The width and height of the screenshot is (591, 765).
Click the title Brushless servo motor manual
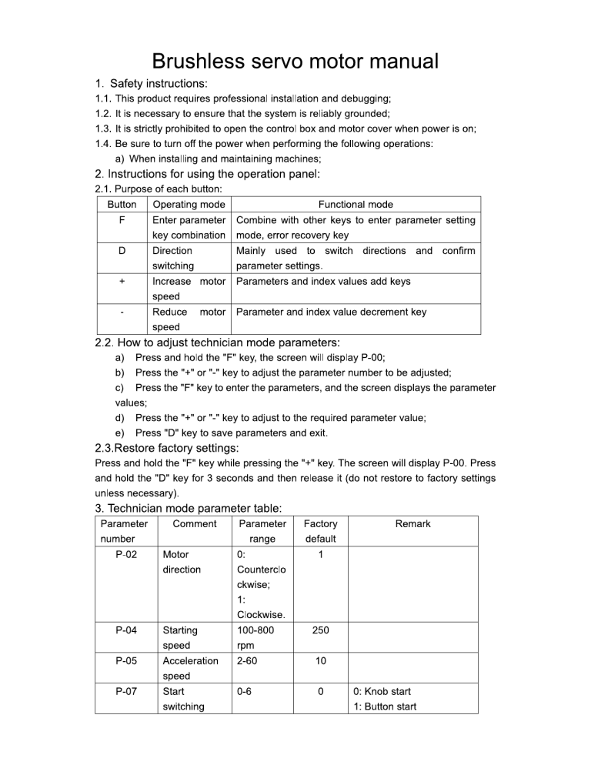tap(295, 61)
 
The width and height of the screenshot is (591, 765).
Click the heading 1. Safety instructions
tap(151, 83)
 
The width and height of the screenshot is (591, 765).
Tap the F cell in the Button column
tap(122, 220)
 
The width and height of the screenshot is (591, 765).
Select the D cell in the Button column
tap(122, 251)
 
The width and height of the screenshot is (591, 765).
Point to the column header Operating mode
tap(189, 205)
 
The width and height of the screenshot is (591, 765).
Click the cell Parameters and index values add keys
tap(323, 282)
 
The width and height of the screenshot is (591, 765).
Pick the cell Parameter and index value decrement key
tap(331, 312)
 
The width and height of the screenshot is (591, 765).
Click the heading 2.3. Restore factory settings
tap(167, 448)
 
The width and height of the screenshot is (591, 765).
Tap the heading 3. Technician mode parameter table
tap(189, 508)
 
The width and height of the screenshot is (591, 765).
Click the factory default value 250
tap(321, 630)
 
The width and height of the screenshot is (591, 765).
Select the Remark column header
tap(413, 524)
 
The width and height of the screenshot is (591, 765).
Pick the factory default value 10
tap(321, 660)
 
